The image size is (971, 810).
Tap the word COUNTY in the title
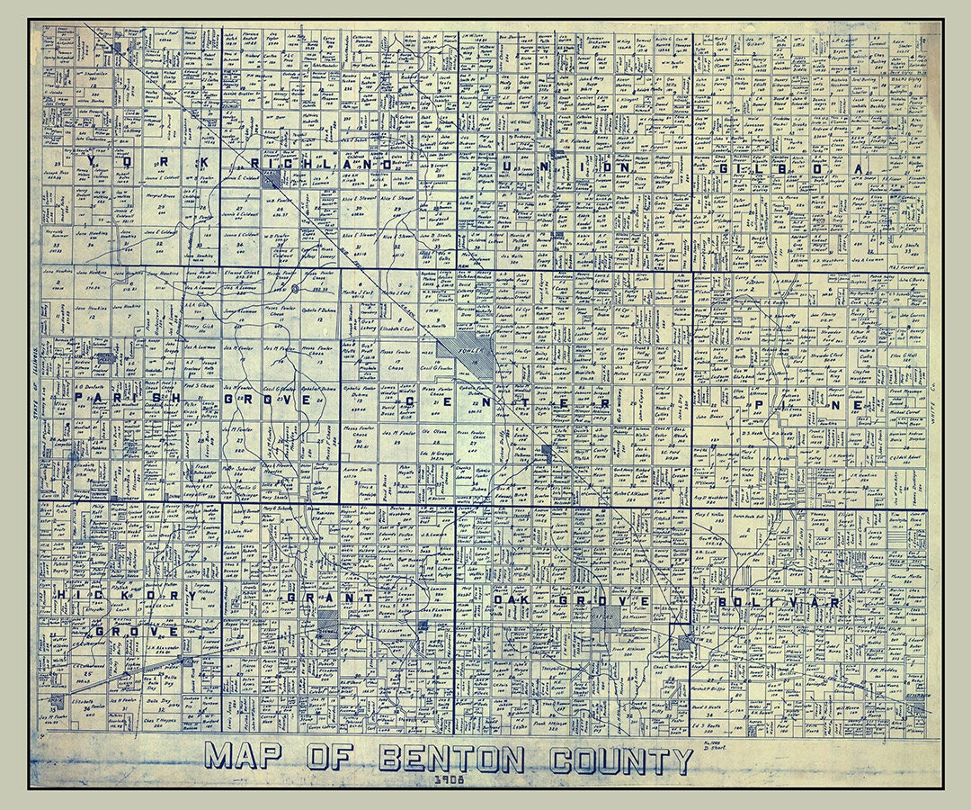621,760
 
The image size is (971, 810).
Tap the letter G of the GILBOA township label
722,168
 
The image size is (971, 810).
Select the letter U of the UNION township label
512,166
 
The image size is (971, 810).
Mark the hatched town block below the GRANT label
328,623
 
